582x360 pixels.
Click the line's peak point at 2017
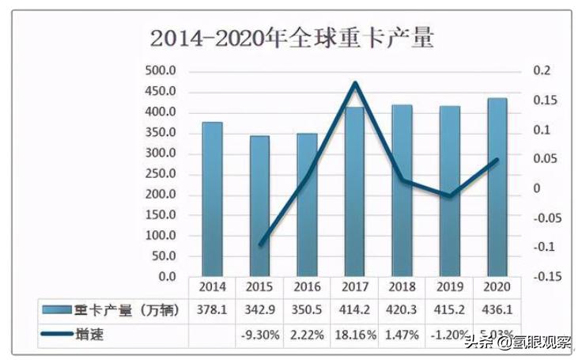[x=355, y=83]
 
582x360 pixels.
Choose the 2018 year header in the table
[x=402, y=287]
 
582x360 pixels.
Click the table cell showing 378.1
[x=212, y=310]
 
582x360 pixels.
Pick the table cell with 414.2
[x=354, y=310]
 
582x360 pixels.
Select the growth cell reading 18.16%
[x=354, y=335]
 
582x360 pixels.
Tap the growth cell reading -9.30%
[x=259, y=335]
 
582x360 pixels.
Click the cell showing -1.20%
[x=449, y=335]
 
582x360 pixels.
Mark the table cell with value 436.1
[x=497, y=310]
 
